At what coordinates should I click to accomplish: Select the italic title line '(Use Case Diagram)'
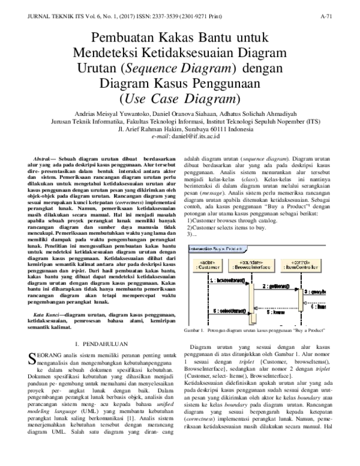coord(179,98)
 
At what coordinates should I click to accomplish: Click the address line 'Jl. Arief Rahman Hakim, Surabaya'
coord(179,129)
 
